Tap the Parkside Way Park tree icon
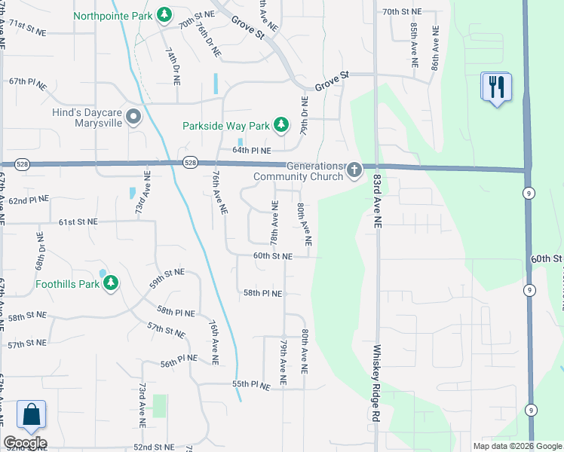[x=281, y=125]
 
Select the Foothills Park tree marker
[x=111, y=283]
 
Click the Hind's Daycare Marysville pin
[x=134, y=116]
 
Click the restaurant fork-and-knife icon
[x=496, y=87]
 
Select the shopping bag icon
[x=31, y=414]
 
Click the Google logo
[x=25, y=443]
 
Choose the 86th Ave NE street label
[x=435, y=47]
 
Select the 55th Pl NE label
[x=251, y=384]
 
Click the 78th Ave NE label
[x=275, y=227]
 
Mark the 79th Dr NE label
[x=305, y=115]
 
